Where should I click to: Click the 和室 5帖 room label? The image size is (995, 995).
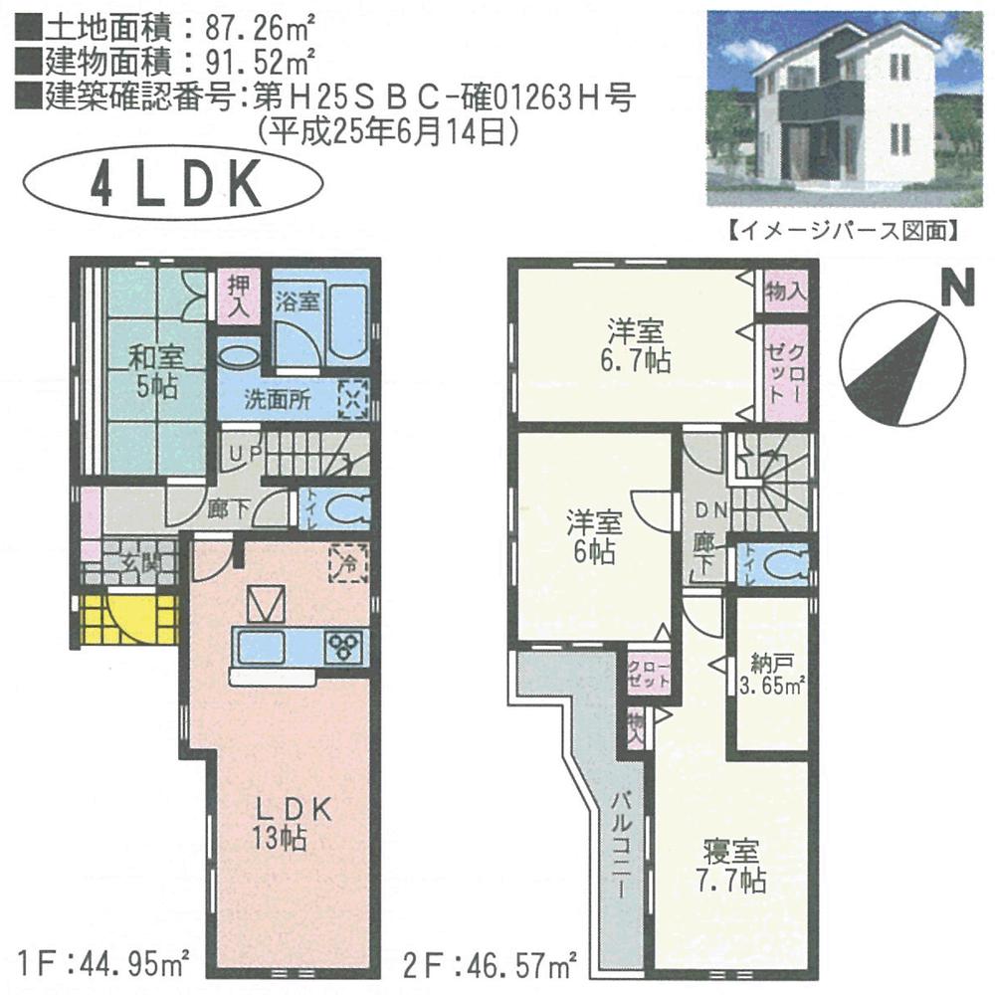point(155,370)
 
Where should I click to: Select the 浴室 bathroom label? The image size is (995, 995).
point(297,300)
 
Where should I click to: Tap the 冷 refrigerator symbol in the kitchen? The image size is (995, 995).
point(349,564)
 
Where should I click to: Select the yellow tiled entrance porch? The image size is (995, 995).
point(123,620)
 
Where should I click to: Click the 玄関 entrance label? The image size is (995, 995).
point(135,563)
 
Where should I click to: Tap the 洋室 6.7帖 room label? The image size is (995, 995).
point(637,344)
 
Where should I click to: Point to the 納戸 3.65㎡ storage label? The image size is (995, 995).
point(770,674)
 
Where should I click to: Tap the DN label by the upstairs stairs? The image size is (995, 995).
point(709,511)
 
